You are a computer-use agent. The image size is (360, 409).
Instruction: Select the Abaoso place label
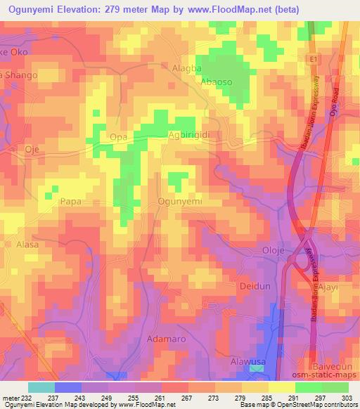[215, 82]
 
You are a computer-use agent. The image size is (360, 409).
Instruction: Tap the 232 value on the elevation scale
[26, 399]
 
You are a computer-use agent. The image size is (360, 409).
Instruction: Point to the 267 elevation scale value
[188, 399]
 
